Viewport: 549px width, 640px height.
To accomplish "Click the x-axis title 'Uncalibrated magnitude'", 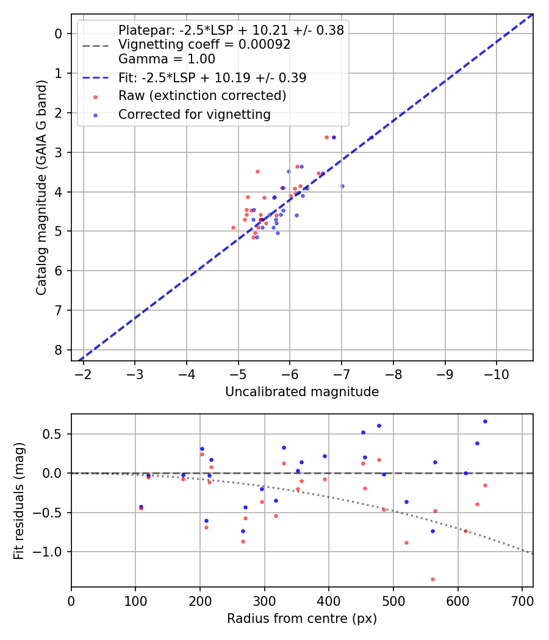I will [302, 392].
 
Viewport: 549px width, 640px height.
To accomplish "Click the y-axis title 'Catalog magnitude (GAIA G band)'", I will [41, 187].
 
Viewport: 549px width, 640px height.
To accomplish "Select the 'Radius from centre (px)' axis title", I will [302, 619].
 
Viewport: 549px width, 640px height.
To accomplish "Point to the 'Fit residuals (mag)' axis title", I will [20, 500].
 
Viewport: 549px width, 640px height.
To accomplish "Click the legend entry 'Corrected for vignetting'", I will [194, 114].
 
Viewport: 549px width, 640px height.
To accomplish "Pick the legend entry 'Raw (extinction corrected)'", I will [202, 96].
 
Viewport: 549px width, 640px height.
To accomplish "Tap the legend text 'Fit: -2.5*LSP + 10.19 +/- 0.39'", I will [212, 77].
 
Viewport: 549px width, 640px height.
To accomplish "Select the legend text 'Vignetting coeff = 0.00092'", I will [204, 44].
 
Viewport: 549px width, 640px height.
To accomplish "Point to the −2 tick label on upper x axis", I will [83, 373].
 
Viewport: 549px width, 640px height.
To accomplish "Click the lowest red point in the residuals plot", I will [432, 579].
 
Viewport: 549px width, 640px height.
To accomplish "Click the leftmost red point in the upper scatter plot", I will [233, 227].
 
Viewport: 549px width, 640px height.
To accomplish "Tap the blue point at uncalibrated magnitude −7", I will [342, 186].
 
